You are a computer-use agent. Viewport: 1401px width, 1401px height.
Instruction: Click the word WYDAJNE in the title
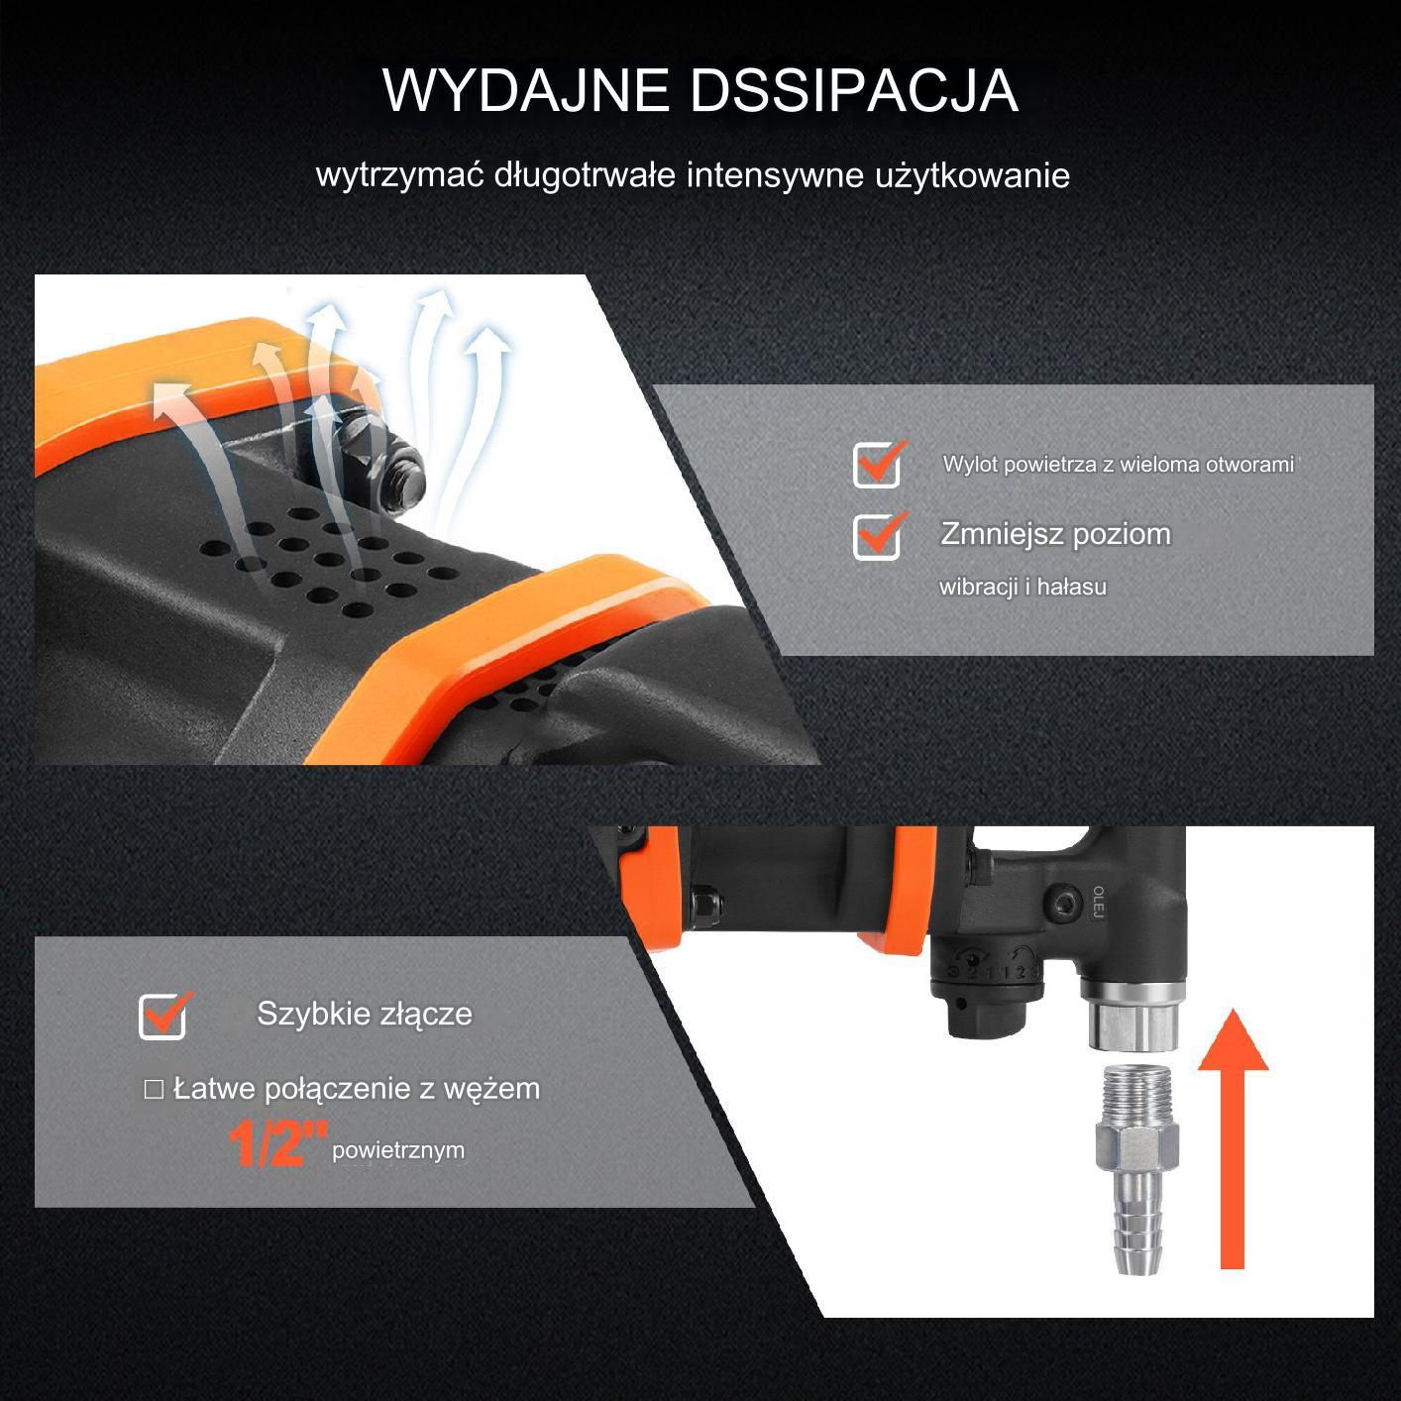pyautogui.click(x=526, y=90)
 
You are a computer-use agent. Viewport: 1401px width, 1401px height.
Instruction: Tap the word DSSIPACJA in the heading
pyautogui.click(x=853, y=90)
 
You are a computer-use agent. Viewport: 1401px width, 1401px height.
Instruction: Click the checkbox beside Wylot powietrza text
pyautogui.click(x=877, y=465)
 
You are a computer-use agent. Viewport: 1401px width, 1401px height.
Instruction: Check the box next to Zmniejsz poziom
pyautogui.click(x=877, y=536)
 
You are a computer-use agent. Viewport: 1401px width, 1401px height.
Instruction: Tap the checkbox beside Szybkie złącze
pyautogui.click(x=162, y=1015)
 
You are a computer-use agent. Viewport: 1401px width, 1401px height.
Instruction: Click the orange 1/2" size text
pyautogui.click(x=278, y=1143)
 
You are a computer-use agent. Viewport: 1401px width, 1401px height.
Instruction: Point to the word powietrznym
pyautogui.click(x=398, y=1150)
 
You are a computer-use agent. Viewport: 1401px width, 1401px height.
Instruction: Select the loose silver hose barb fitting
pyautogui.click(x=1136, y=1170)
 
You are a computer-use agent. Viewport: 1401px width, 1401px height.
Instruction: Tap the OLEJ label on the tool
pyautogui.click(x=1098, y=902)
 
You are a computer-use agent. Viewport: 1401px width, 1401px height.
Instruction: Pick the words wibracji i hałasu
pyautogui.click(x=1023, y=587)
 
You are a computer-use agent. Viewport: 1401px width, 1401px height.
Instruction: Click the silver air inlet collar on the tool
pyautogui.click(x=1134, y=1016)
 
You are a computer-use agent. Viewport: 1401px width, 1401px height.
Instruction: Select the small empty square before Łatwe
pyautogui.click(x=154, y=1090)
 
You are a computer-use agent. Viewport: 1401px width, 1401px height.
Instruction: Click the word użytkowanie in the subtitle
pyautogui.click(x=972, y=175)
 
